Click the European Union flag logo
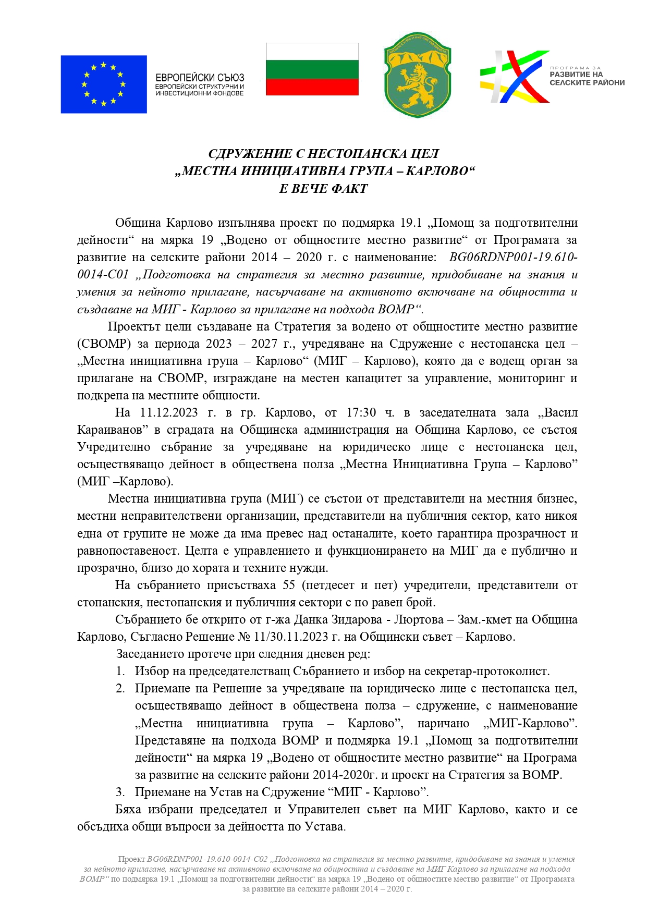click(103, 84)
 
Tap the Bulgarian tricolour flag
click(312, 69)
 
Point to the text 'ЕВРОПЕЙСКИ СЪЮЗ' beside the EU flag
click(200, 78)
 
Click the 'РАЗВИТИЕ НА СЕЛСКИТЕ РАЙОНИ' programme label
click(587, 78)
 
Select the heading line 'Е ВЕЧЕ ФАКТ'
click(323, 189)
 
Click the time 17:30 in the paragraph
click(361, 412)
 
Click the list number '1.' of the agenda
click(120, 672)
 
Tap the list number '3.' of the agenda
click(120, 792)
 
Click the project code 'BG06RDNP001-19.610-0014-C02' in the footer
click(207, 859)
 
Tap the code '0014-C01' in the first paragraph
click(103, 275)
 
